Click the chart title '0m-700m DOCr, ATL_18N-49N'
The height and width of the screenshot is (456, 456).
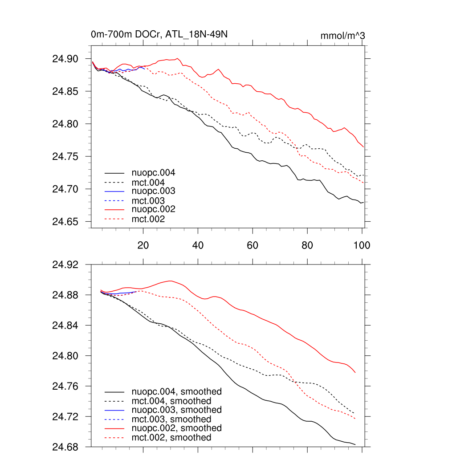159,35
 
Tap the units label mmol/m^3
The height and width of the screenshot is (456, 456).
343,36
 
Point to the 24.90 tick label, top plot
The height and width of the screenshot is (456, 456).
65,59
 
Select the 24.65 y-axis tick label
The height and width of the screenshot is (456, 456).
65,222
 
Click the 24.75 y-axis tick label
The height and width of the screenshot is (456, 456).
65,157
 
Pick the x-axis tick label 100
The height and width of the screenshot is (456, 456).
362,245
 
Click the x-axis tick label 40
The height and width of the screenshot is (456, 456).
198,245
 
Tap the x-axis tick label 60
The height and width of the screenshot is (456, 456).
252,245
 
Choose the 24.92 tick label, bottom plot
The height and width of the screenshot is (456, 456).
65,265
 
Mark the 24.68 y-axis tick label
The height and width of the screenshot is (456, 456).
65,447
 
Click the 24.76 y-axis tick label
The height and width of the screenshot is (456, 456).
65,387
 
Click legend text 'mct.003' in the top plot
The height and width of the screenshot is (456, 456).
148,201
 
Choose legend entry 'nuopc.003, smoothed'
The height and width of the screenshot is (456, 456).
177,410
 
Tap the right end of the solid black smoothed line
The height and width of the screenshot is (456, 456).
355,444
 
